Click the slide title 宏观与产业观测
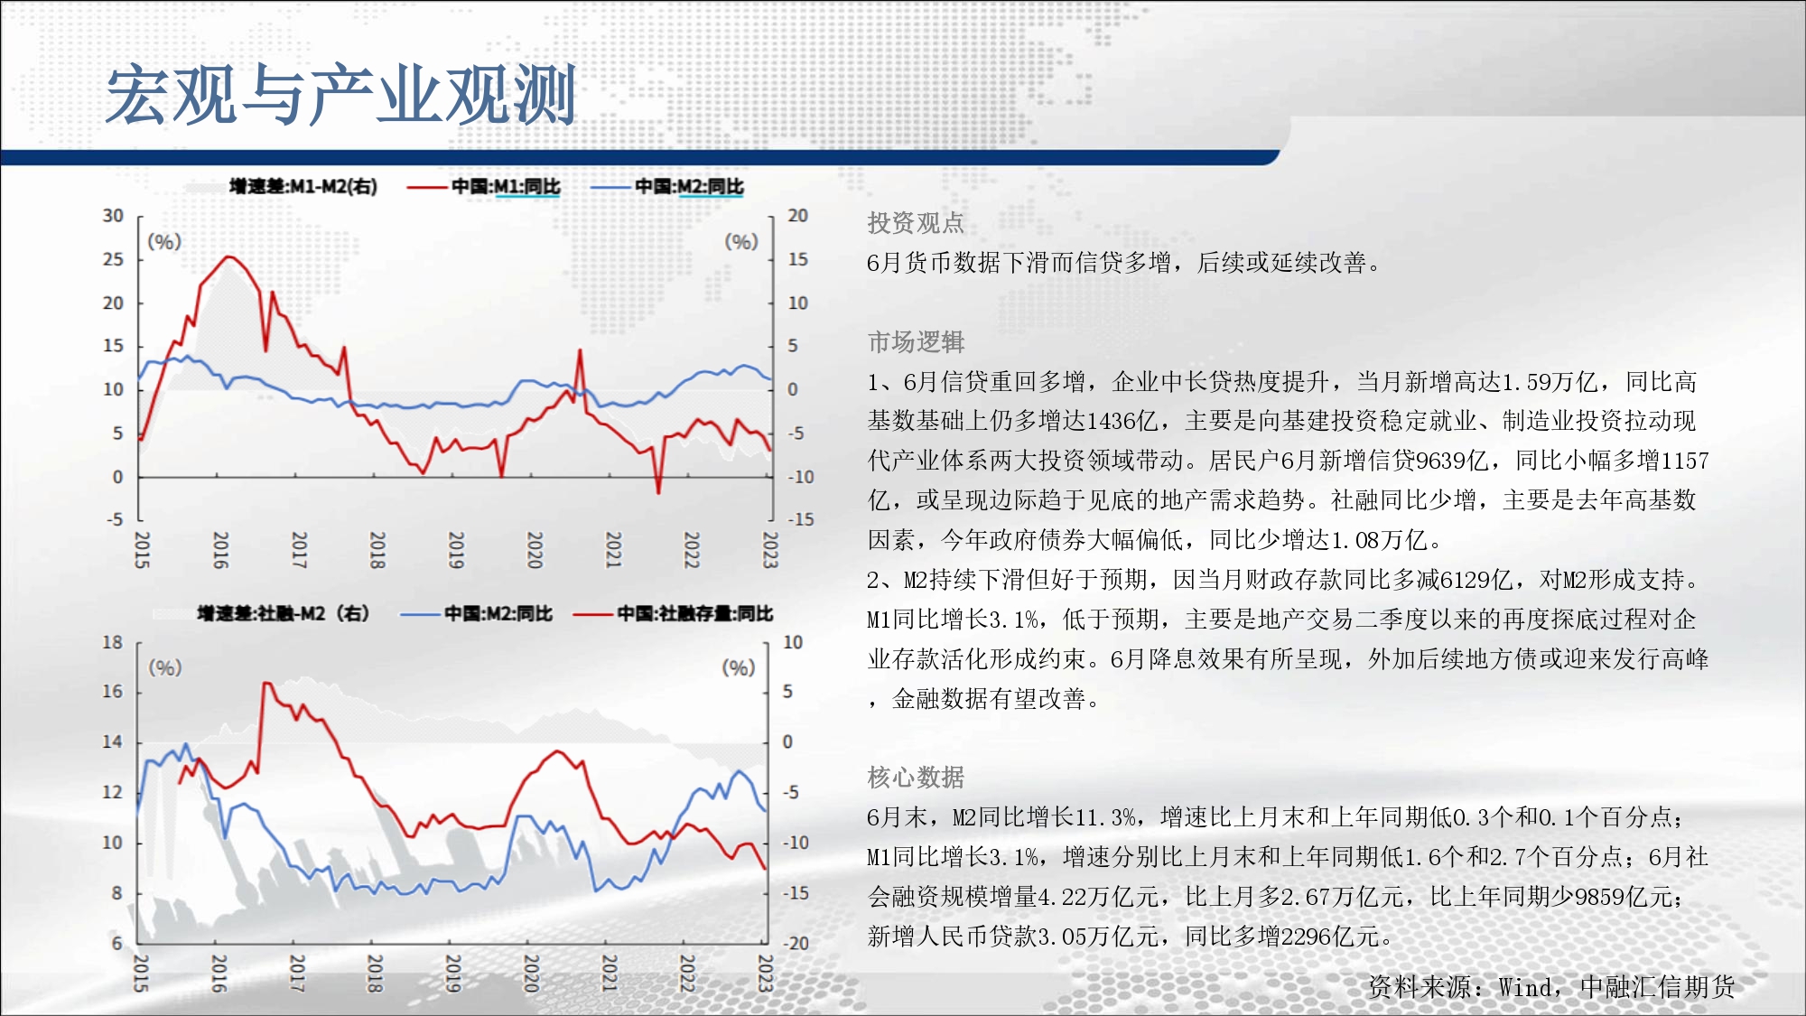click(x=341, y=95)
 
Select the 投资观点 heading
click(x=916, y=223)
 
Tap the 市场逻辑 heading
click(x=916, y=342)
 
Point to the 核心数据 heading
click(x=916, y=778)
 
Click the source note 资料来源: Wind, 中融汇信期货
click(x=1551, y=987)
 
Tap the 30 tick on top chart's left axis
click(x=113, y=216)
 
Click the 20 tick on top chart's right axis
click(x=797, y=216)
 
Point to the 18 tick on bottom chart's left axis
click(x=112, y=642)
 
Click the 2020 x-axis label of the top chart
click(x=535, y=549)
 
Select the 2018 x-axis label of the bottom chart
click(x=375, y=974)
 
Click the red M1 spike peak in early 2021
click(x=580, y=350)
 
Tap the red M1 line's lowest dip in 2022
click(x=658, y=492)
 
